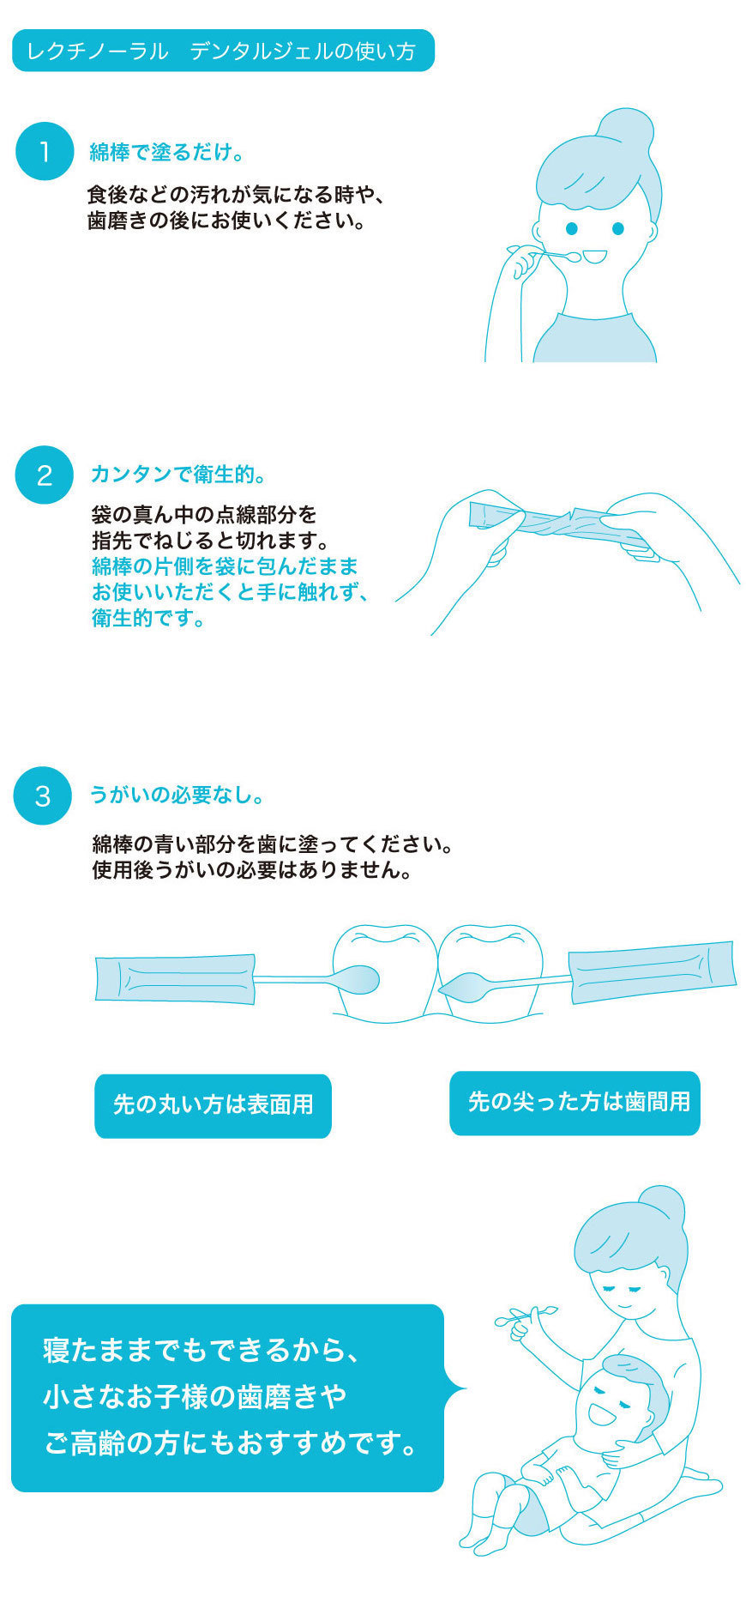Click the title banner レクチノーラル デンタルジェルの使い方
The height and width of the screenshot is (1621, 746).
click(223, 51)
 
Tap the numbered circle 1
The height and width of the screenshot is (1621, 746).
click(45, 152)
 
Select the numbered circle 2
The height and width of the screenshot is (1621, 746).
click(45, 475)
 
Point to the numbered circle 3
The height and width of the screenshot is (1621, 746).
click(43, 795)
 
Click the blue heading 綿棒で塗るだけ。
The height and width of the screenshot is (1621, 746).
click(168, 153)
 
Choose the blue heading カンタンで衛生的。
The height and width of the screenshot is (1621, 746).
click(179, 474)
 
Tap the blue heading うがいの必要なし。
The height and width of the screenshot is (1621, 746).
click(177, 795)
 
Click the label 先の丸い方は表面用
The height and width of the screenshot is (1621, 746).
click(213, 1105)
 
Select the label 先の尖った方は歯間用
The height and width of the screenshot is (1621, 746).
click(575, 1103)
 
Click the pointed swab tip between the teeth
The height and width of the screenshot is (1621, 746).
click(463, 989)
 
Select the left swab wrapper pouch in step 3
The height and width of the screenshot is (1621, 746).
click(175, 979)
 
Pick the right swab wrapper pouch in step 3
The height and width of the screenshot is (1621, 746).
click(653, 971)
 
